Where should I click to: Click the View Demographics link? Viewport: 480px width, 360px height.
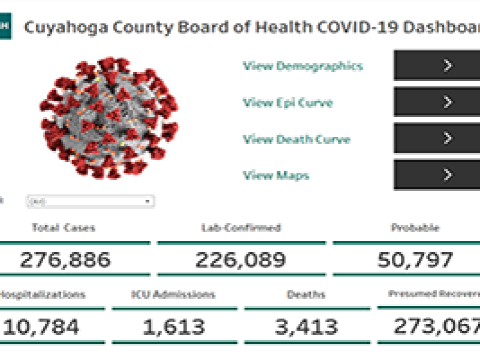click(x=302, y=66)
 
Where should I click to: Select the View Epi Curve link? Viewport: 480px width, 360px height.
click(x=287, y=103)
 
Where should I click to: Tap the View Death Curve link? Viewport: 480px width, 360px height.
click(x=296, y=139)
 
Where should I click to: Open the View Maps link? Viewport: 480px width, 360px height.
click(x=276, y=175)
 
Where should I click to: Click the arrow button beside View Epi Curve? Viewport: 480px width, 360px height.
click(x=447, y=102)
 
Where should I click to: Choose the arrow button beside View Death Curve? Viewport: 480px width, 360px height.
click(x=447, y=139)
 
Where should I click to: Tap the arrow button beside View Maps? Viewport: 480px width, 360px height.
click(x=447, y=175)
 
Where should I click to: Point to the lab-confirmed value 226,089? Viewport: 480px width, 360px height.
click(x=241, y=260)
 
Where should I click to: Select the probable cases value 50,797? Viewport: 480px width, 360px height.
click(x=415, y=260)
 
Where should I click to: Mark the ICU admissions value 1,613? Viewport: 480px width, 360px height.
click(x=173, y=327)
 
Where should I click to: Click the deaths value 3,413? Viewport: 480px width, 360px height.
click(x=306, y=327)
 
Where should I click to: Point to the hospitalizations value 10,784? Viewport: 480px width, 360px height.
click(x=41, y=327)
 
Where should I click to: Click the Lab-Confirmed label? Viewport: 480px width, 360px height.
click(x=241, y=228)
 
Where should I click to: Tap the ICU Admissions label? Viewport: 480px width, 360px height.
click(x=173, y=295)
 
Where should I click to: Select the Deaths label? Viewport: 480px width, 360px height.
click(x=306, y=295)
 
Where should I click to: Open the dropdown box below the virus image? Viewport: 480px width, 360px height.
click(x=90, y=202)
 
